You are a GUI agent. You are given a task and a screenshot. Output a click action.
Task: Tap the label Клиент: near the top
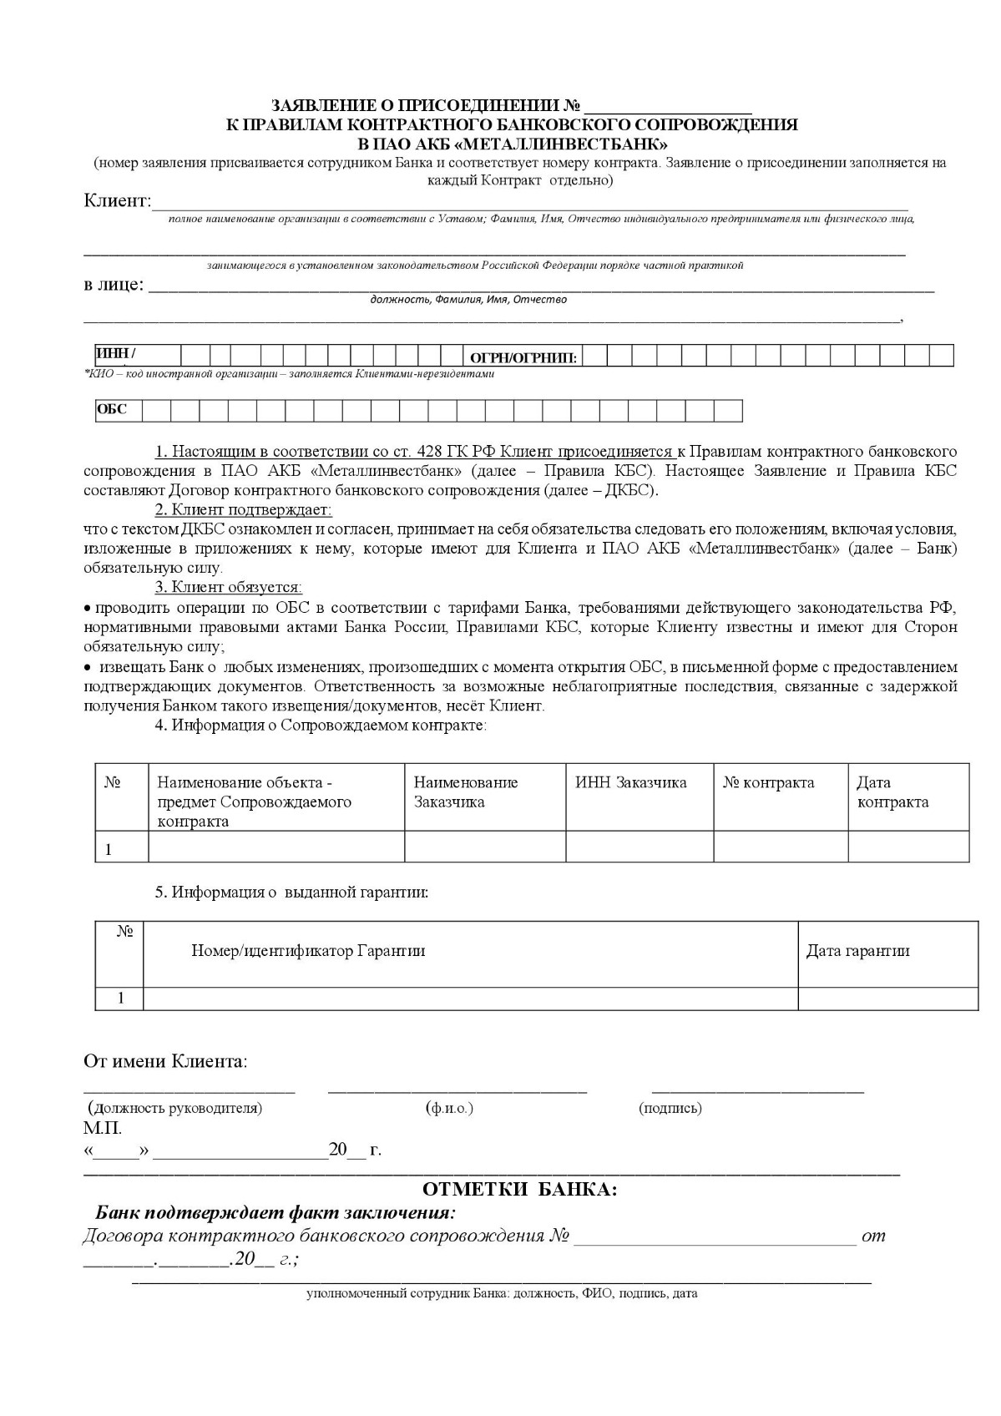118,201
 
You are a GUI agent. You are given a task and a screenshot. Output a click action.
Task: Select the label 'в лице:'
114,285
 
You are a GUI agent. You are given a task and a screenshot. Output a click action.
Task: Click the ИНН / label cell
117,354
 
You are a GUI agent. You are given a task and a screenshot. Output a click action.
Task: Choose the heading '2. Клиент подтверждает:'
243,509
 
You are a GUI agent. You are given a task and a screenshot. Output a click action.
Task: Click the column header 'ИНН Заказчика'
630,782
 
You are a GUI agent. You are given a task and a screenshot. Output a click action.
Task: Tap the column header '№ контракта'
768,782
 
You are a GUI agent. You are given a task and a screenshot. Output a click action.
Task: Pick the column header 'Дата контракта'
892,792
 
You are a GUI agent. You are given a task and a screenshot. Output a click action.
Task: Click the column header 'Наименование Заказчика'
466,792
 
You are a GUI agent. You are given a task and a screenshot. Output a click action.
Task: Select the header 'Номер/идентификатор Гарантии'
308,950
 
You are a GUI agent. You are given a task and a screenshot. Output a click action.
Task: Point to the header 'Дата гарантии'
857,950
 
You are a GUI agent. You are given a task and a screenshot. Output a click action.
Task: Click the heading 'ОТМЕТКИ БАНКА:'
520,1189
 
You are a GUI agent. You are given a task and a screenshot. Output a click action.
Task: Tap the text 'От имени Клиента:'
165,1061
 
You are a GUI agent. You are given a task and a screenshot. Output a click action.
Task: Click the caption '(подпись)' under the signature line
670,1108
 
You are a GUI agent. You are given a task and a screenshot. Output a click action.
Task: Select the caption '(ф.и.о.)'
449,1108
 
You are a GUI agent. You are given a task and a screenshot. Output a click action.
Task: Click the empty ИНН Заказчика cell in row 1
640,847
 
